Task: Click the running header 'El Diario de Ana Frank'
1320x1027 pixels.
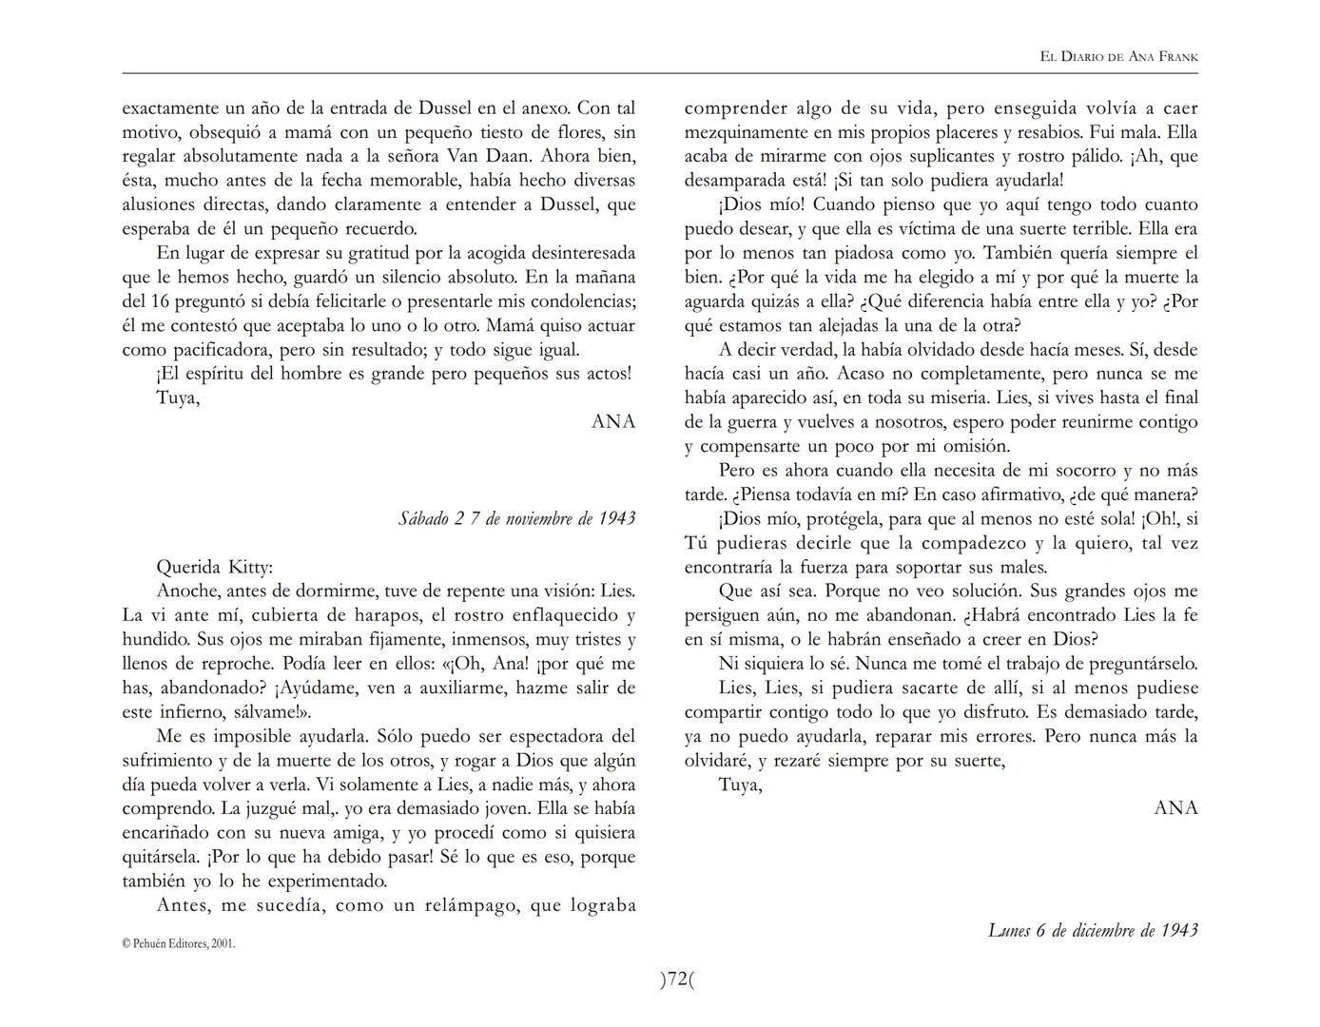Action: point(1119,57)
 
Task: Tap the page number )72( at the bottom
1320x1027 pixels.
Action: point(677,979)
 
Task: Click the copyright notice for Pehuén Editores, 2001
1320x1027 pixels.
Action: point(179,944)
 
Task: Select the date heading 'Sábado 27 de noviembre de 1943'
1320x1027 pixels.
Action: point(516,519)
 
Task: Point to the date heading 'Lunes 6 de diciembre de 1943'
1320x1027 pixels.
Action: point(1093,930)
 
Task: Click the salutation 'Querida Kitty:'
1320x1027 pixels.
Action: point(214,568)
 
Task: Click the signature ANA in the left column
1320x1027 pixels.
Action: point(612,421)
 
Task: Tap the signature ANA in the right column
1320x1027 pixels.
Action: point(1175,808)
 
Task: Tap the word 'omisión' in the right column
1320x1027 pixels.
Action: point(980,446)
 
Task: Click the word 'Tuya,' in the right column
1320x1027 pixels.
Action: point(740,785)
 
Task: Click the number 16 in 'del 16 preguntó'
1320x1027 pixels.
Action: point(161,301)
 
